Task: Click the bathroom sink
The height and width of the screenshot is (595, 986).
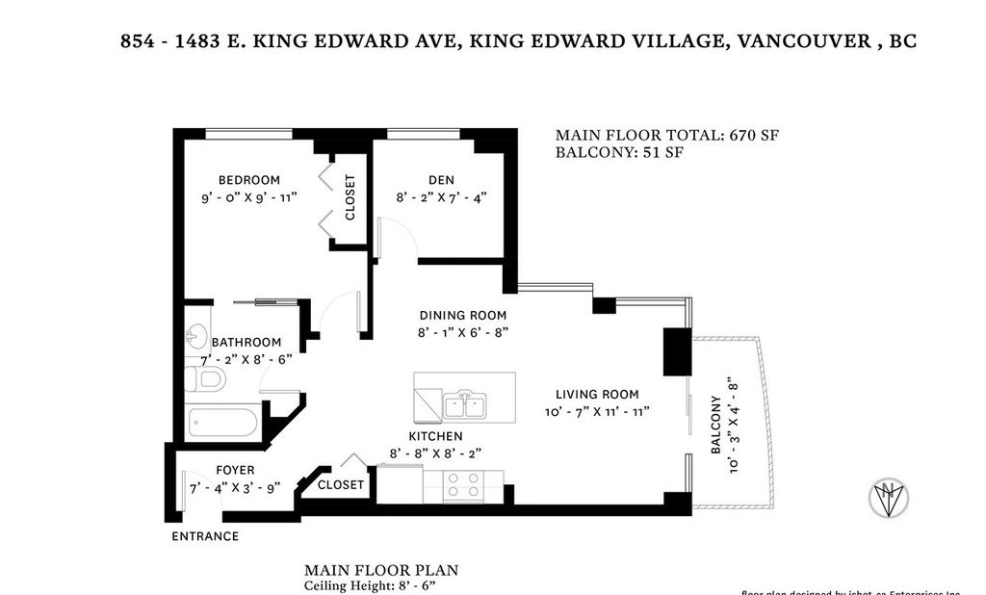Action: point(196,337)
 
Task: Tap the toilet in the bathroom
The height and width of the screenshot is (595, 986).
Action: point(204,379)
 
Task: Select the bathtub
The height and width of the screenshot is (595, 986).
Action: point(223,423)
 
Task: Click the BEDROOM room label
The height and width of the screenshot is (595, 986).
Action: point(248,180)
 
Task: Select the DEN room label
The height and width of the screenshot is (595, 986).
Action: point(441,180)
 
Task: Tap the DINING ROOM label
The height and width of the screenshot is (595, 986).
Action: point(462,315)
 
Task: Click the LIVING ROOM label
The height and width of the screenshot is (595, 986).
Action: point(597,394)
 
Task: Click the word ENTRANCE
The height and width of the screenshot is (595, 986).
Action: point(205,536)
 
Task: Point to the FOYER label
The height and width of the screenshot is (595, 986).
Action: point(235,470)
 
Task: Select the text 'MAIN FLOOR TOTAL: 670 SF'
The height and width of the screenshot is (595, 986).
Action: point(666,136)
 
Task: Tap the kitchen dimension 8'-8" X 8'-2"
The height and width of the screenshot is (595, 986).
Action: point(435,453)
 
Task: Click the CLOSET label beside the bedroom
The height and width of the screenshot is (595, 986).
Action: point(350,196)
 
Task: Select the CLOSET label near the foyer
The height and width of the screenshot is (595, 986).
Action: point(341,484)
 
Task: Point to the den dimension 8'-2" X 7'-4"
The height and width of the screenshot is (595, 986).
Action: point(441,197)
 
